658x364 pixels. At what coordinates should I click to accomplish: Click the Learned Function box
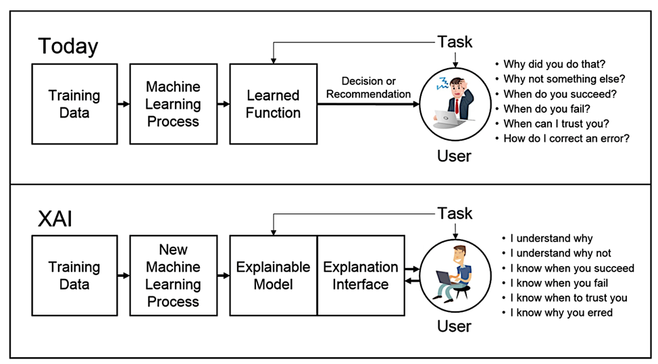[273, 104]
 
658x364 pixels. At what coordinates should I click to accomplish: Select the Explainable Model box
[273, 275]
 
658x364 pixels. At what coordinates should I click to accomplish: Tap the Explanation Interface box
[361, 275]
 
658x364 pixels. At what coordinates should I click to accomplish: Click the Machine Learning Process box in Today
[173, 104]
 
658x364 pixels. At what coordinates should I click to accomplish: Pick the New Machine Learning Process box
[173, 275]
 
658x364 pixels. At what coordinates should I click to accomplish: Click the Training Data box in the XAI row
[74, 275]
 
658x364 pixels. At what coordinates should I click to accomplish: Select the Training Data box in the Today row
[74, 104]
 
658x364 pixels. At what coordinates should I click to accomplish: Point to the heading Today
[68, 46]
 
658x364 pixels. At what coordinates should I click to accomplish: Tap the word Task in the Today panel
[455, 41]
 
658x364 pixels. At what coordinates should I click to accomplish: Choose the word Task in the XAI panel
[455, 213]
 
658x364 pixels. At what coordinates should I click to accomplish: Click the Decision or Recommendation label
[368, 88]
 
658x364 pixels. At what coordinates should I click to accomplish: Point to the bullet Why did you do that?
[554, 64]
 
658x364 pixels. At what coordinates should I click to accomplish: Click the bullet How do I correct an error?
[566, 138]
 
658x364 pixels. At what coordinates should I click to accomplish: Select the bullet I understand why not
[560, 253]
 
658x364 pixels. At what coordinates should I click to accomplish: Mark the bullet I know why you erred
[561, 313]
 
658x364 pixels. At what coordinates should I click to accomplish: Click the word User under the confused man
[454, 156]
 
